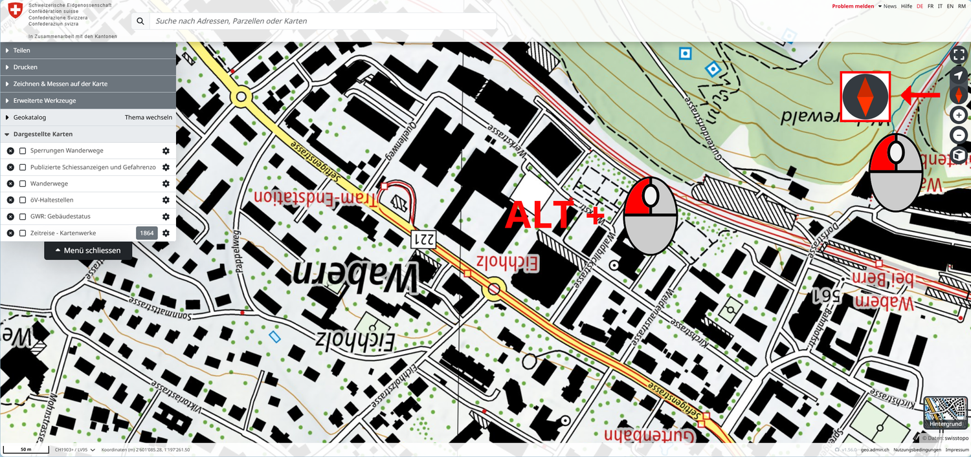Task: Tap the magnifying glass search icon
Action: click(140, 21)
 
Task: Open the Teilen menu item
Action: click(21, 50)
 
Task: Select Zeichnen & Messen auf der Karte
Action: click(60, 84)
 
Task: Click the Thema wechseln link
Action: click(148, 118)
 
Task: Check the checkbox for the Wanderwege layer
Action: click(23, 184)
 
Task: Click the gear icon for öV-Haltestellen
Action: click(166, 200)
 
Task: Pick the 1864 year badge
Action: click(147, 233)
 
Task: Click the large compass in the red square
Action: click(865, 96)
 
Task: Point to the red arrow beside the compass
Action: click(921, 96)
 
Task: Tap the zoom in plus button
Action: click(959, 115)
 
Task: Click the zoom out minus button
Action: click(959, 135)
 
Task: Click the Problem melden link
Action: click(853, 6)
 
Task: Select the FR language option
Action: click(930, 6)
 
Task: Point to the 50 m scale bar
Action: click(26, 449)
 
